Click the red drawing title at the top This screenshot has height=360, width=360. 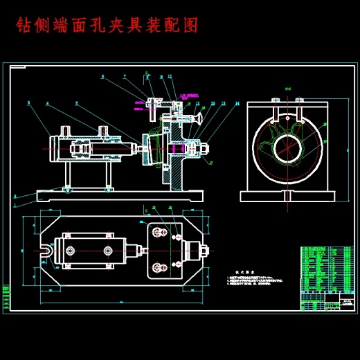point(107,26)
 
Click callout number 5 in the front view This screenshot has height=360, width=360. point(28,103)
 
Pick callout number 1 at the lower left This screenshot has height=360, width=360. point(15,196)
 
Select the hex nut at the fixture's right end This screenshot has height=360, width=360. point(205,147)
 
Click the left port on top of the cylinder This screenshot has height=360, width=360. point(67,130)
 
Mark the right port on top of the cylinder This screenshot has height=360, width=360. point(103,130)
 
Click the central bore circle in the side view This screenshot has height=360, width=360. point(286,146)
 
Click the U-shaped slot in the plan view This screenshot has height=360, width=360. point(47,249)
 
